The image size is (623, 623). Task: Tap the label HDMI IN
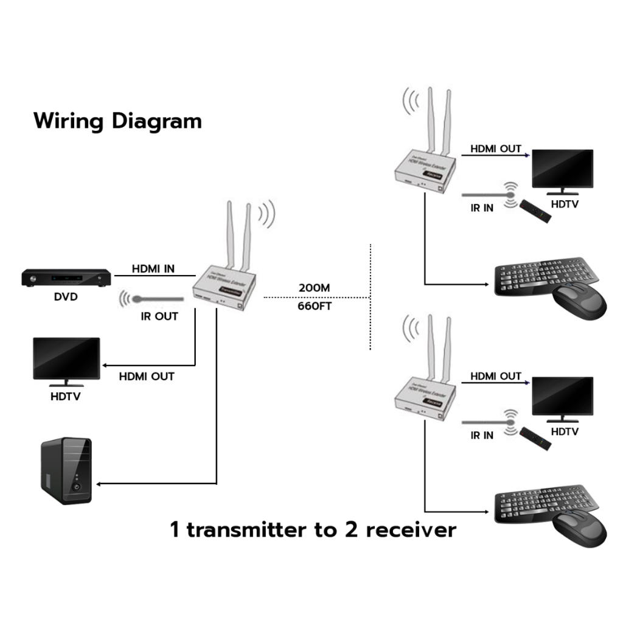(153, 268)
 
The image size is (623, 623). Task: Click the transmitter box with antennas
(224, 287)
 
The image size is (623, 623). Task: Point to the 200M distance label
(315, 287)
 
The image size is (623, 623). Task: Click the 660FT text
(315, 305)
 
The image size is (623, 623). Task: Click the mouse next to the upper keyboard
(579, 301)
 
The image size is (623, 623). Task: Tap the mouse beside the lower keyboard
(580, 528)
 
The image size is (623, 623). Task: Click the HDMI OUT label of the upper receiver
(496, 148)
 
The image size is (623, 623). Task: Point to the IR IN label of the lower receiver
(482, 435)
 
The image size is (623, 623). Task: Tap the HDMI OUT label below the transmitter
(147, 376)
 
